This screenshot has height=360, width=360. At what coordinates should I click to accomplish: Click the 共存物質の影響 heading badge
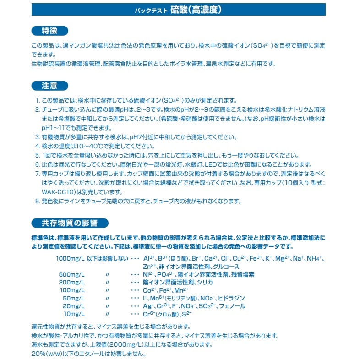tap(69, 224)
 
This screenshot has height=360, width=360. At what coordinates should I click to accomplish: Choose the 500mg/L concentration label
tap(72, 274)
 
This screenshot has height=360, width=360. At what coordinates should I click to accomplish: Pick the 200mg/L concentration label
tap(72, 282)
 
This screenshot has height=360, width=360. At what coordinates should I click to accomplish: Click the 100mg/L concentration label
tap(72, 290)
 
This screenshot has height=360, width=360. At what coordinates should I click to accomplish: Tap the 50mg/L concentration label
tap(74, 298)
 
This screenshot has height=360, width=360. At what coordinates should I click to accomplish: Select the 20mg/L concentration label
tap(74, 306)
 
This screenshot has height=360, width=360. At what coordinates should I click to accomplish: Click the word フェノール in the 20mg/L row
tap(232, 306)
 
